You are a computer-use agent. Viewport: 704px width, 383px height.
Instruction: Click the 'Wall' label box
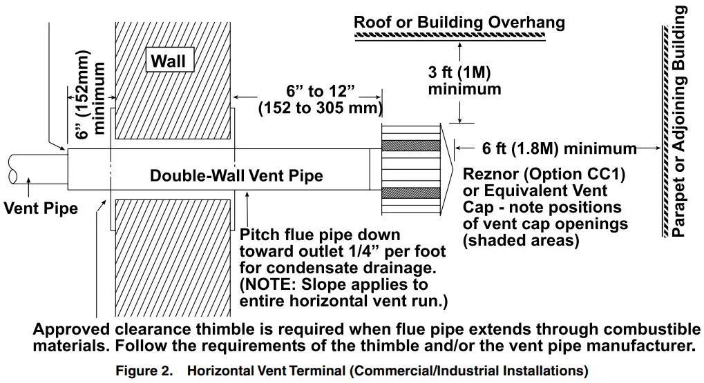(x=169, y=61)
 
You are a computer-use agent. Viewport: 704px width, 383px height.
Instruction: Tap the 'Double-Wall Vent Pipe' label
(x=236, y=176)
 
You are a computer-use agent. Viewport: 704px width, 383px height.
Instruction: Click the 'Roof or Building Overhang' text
(x=459, y=22)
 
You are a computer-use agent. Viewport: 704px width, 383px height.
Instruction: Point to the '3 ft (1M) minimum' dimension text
(x=464, y=81)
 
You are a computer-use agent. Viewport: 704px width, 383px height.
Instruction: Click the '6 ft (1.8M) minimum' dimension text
(x=549, y=148)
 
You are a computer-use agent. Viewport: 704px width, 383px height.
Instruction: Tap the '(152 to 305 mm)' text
(x=320, y=108)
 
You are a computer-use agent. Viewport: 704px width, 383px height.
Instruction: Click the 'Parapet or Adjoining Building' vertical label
(x=681, y=121)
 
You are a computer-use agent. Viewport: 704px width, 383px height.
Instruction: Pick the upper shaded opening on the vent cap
(x=410, y=146)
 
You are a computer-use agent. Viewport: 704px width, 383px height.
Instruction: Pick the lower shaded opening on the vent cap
(x=410, y=193)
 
